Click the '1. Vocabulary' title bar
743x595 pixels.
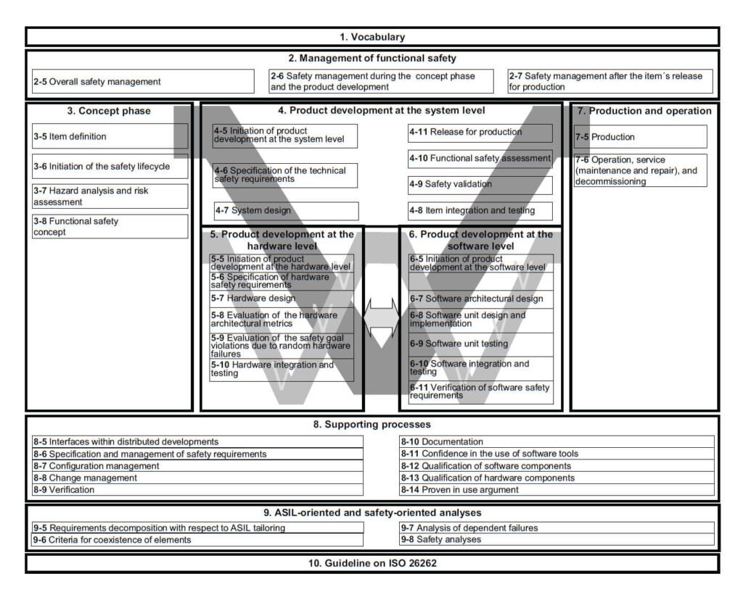372,37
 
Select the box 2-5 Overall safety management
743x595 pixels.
143,81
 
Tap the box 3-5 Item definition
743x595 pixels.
110,136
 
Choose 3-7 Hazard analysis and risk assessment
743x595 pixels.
110,196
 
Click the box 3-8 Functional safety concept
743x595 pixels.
110,226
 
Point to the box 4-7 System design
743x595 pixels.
285,211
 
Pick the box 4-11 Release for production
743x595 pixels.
480,133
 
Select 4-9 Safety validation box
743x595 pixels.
480,185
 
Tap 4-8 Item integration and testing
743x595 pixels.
480,211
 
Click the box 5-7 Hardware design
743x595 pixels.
282,298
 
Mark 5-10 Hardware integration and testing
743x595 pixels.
282,370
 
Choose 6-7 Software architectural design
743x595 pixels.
480,299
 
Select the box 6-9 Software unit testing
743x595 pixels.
480,344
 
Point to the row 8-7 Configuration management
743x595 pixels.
197,466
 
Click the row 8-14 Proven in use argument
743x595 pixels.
557,490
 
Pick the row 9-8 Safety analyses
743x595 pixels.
557,539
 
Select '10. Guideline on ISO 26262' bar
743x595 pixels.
372,563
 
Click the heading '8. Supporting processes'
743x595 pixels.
372,425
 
